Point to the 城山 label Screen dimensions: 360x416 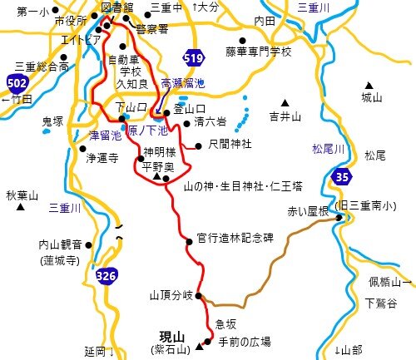click(x=371, y=97)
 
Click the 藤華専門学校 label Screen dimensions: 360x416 click(x=259, y=52)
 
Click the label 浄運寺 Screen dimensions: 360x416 click(x=103, y=156)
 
